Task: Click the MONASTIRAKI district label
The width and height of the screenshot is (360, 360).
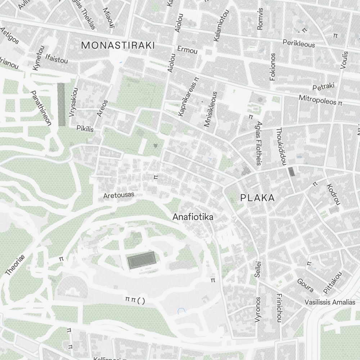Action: (118, 45)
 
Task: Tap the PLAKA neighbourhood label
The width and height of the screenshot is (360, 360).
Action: (257, 198)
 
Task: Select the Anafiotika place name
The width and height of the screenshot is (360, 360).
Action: (193, 217)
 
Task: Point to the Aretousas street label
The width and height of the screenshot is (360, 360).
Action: (118, 195)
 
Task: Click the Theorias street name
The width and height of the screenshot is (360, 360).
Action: (15, 265)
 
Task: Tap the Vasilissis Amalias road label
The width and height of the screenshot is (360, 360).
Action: (330, 302)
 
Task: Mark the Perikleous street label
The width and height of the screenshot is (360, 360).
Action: (298, 44)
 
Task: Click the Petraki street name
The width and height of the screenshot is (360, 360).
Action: (323, 86)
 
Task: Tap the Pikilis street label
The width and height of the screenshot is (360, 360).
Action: (85, 128)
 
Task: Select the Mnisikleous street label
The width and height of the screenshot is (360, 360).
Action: (211, 109)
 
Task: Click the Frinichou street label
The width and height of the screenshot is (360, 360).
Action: (279, 308)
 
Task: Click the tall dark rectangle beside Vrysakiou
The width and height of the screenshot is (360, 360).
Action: (62, 104)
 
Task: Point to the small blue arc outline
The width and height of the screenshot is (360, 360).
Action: (181, 311)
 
